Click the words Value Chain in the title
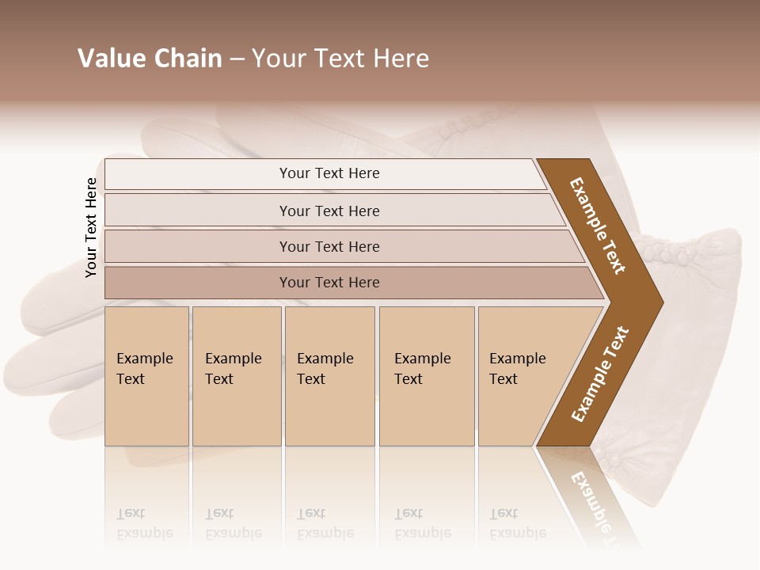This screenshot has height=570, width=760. click(x=150, y=59)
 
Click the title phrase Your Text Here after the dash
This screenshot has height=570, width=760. click(x=340, y=59)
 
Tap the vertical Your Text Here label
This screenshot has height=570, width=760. click(x=91, y=227)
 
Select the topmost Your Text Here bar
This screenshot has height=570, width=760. click(x=329, y=173)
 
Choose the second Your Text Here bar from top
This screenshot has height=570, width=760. click(x=329, y=211)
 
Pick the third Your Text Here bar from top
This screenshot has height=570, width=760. click(x=329, y=246)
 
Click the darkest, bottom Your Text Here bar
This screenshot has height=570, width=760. click(x=329, y=283)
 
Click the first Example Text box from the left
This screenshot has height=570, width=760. click(x=146, y=375)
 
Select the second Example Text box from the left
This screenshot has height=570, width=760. click(x=236, y=375)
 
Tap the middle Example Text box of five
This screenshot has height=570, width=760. click(x=329, y=375)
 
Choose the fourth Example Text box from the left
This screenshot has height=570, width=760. click(x=426, y=375)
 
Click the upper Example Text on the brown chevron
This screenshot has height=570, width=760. click(x=598, y=226)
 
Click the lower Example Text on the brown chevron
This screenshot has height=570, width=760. click(x=600, y=374)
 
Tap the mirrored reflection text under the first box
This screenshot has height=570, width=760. click(x=144, y=523)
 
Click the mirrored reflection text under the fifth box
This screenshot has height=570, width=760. click(x=517, y=523)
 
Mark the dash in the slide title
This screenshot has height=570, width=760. click(x=237, y=59)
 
